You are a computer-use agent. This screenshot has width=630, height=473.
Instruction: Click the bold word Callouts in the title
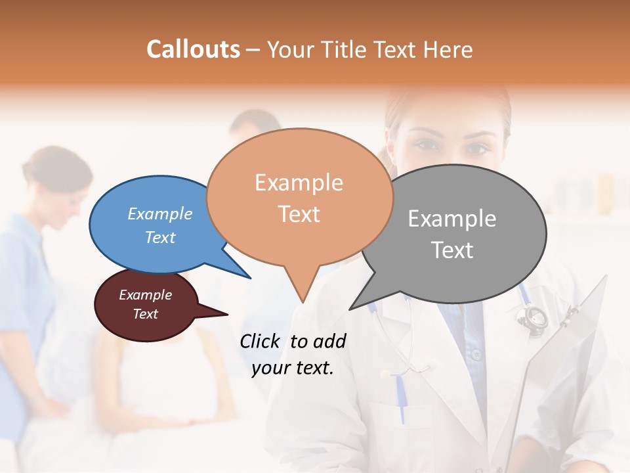[x=193, y=49]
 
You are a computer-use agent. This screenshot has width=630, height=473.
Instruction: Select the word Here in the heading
[x=446, y=49]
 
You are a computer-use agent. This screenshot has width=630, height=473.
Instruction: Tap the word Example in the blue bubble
[x=160, y=214]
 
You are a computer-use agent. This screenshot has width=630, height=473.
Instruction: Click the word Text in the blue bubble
[x=160, y=237]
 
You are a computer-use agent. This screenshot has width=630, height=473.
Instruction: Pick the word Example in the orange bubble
[x=299, y=183]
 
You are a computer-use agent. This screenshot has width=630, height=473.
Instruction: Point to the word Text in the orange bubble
[x=299, y=214]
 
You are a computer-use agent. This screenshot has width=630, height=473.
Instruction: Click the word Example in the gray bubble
[x=452, y=219]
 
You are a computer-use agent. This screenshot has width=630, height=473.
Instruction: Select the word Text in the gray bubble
[x=453, y=250]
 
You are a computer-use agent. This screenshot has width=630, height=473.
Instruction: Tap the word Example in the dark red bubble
[x=145, y=295]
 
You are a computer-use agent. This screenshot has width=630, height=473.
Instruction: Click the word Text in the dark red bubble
[x=145, y=314]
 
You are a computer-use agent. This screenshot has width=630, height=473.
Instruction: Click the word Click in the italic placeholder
[x=261, y=341]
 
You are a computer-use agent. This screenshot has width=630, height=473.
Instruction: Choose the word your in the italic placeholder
[x=270, y=369]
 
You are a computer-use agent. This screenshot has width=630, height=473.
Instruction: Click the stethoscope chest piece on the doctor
[x=532, y=318]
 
